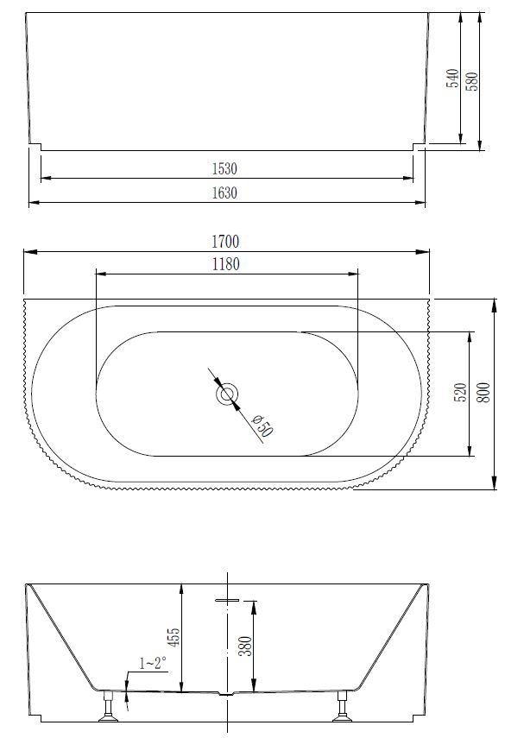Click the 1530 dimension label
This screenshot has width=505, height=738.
click(224, 168)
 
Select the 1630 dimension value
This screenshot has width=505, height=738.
click(224, 193)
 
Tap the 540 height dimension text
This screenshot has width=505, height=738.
click(452, 79)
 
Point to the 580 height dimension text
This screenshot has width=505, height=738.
click(471, 79)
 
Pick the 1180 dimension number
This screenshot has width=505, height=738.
click(224, 264)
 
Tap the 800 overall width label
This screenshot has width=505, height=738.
click(484, 394)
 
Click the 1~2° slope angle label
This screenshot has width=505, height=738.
click(154, 664)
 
